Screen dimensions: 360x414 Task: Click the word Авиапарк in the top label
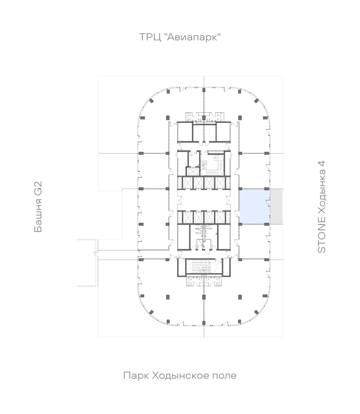point(194,37)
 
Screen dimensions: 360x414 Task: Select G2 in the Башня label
point(38,188)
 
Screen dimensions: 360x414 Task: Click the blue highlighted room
point(254,206)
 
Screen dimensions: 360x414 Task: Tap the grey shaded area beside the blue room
point(276,206)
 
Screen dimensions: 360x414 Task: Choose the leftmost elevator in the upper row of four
point(188,183)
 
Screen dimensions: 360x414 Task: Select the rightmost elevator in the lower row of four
point(219,217)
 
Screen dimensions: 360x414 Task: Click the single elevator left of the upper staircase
point(191,171)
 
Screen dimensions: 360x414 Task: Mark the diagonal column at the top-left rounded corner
point(151,100)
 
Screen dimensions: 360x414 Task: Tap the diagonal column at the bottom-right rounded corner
point(256,312)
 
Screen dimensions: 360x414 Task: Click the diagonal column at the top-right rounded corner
point(256,100)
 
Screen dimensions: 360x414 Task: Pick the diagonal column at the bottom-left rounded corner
point(151,312)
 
